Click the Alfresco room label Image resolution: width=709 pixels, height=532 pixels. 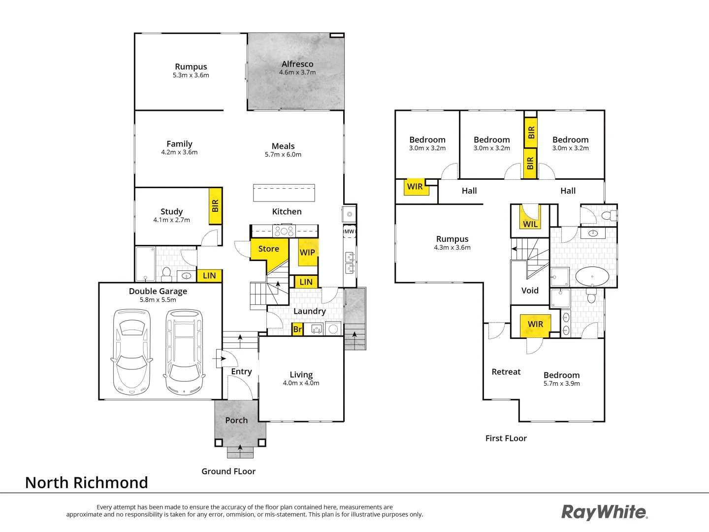point(297,64)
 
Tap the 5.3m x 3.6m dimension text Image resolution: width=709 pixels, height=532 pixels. point(191,75)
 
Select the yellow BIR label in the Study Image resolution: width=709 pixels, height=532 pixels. point(215,206)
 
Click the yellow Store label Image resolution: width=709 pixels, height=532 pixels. point(269,249)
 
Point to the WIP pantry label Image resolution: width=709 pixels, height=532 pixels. point(307,252)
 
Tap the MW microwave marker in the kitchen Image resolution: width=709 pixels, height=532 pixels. point(349,232)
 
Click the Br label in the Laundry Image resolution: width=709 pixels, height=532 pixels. point(297,329)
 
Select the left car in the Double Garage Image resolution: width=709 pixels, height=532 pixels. point(131,352)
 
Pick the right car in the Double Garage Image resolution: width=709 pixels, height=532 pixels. point(184,352)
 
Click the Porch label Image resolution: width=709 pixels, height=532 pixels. point(236,420)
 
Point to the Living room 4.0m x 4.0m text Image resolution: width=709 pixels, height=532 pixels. point(301,383)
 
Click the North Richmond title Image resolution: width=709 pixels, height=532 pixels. point(87,483)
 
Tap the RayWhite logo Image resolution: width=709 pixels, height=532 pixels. point(605,512)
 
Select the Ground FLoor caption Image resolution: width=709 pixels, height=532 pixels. point(228,471)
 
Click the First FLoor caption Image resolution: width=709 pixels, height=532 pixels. point(506,438)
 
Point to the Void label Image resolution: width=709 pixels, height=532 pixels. point(530,291)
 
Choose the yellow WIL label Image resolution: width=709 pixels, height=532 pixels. point(530,224)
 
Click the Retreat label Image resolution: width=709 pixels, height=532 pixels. point(506,372)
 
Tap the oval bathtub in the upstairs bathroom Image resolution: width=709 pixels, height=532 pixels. point(592,277)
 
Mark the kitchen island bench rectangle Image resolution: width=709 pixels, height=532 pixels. point(284,193)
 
